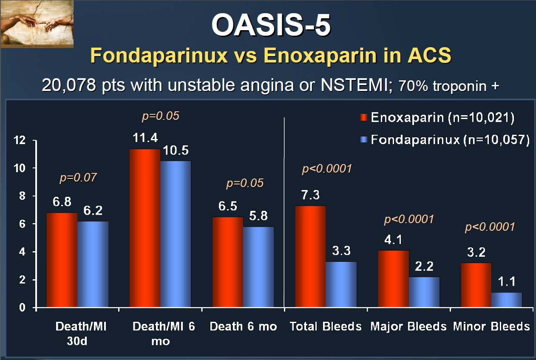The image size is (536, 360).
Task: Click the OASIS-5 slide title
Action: [x=271, y=25]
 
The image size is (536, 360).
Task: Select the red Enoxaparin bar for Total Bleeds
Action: [x=310, y=256]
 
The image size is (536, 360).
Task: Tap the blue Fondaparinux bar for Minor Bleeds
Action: [x=507, y=300]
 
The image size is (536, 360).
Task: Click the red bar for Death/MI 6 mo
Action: [x=145, y=228]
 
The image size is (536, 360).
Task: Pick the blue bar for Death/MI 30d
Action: [x=93, y=264]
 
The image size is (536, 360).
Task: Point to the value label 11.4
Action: [x=145, y=138]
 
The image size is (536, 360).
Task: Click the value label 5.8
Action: [x=258, y=216]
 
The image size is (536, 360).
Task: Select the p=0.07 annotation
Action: [x=78, y=178]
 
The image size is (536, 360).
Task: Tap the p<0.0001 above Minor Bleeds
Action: [x=490, y=227]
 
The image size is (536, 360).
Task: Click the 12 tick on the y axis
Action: [x=20, y=140]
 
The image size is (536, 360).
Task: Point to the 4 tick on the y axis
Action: [x=22, y=252]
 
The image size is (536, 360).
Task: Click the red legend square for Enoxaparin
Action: [x=364, y=117]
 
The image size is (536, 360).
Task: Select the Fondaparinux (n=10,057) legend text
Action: [x=450, y=140]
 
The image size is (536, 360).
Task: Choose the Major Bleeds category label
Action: [x=408, y=326]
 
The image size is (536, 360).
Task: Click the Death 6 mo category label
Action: [x=244, y=326]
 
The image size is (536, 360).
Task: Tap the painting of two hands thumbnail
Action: [x=37, y=23]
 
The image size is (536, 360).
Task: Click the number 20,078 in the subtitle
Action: [x=69, y=85]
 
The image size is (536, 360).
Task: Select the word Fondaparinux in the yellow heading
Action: [x=159, y=56]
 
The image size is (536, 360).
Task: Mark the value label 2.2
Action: [x=424, y=266]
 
